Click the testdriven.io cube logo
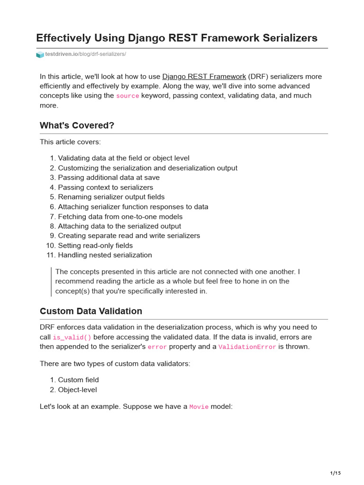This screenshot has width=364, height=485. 40,54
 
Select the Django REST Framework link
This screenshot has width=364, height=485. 204,76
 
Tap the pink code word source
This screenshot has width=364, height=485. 127,96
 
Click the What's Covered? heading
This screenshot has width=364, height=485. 77,125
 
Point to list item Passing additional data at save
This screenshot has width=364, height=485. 109,178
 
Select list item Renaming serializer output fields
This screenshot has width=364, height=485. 111,197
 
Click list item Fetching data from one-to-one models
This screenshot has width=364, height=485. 120,216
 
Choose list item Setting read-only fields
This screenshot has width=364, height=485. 95,245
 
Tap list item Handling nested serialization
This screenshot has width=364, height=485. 105,255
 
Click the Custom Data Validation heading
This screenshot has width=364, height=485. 91,311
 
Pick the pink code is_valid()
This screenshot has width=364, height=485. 72,337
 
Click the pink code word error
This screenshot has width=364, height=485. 157,347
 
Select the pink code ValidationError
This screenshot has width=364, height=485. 247,347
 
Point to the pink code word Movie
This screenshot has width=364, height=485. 199,407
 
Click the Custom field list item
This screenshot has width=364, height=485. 78,380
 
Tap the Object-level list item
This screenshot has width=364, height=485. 77,390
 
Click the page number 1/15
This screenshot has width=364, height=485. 335,473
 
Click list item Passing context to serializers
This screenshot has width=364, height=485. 105,188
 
